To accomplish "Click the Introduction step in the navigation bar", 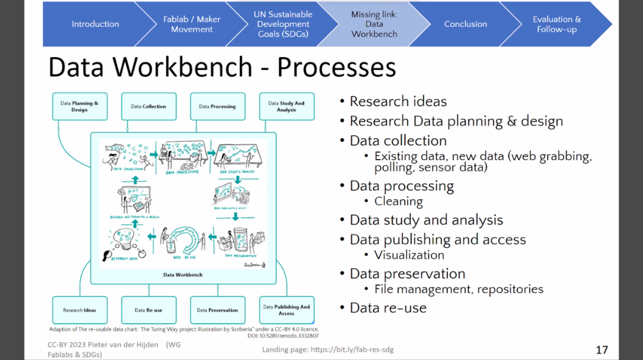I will [95, 24].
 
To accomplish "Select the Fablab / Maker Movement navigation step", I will [192, 24].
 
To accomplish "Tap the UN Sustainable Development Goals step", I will [284, 24].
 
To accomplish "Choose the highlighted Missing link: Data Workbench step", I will [374, 24].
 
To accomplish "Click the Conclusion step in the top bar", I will [466, 24].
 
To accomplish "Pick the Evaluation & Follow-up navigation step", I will [556, 24].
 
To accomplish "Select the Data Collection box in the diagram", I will [149, 106].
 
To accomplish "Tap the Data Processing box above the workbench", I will [217, 106].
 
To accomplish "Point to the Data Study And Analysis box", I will [286, 106].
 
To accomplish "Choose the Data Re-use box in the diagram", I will [149, 310].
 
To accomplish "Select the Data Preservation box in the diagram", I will [217, 310].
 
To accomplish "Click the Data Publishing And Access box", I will [286, 310].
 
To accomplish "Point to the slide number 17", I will [602, 350].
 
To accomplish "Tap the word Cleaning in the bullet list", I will [399, 201].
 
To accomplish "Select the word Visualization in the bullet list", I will [409, 255].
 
